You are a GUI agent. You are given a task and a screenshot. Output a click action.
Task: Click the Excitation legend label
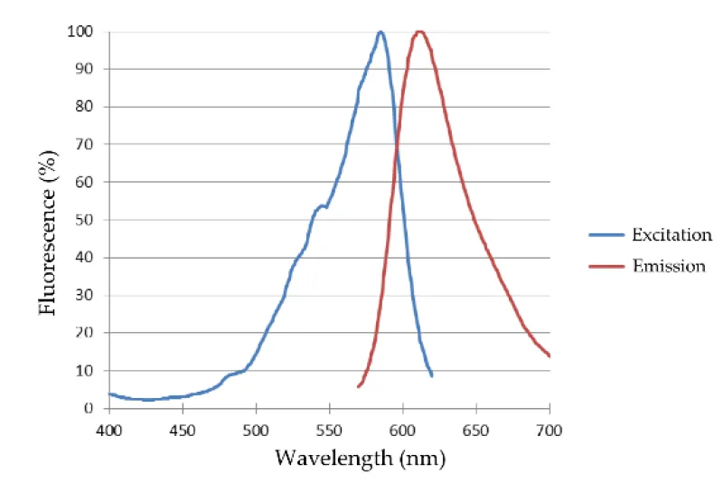click(x=671, y=235)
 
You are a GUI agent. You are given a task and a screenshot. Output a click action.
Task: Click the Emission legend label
click(x=668, y=266)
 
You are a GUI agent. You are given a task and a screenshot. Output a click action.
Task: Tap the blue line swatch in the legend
click(x=607, y=235)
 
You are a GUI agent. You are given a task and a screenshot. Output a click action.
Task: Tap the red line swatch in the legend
click(x=607, y=266)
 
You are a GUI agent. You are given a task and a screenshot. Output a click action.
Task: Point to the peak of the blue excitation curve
click(x=380, y=32)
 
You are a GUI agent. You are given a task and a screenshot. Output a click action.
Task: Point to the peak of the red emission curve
click(x=418, y=32)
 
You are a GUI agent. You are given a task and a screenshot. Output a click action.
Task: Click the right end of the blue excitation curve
click(x=431, y=375)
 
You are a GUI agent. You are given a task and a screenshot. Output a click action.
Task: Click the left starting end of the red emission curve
click(x=359, y=386)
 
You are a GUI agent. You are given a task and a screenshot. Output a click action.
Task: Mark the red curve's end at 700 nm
click(x=549, y=356)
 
